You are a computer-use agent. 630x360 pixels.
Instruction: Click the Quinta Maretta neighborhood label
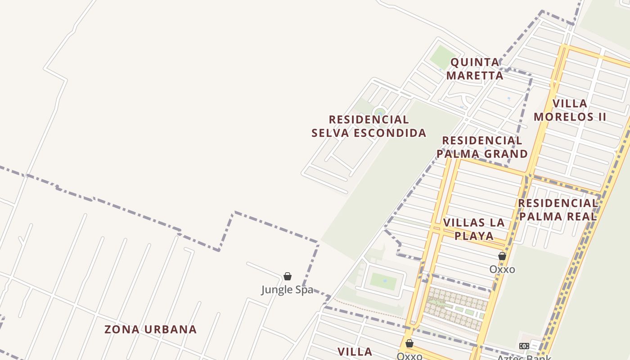point(475,68)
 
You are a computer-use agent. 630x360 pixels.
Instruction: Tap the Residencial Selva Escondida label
point(369,126)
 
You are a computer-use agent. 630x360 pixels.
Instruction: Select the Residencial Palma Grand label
point(482,147)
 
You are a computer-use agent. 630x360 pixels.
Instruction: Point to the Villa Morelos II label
point(570,110)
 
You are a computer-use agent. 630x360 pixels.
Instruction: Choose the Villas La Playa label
point(474,229)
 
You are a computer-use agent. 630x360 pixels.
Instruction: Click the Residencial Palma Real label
point(558,210)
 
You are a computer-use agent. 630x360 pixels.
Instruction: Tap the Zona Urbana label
point(150,329)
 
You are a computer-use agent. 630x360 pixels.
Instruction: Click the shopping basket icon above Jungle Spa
point(288,276)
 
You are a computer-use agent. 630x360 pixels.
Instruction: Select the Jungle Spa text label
point(287,289)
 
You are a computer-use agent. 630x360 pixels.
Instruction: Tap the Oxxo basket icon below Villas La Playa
point(502,256)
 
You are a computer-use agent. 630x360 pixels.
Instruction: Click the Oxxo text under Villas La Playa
point(502,269)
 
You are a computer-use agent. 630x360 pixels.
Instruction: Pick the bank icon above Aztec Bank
point(524,346)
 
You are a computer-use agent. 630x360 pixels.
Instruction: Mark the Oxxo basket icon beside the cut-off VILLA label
point(409,344)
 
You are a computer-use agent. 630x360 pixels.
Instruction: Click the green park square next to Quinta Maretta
point(443,58)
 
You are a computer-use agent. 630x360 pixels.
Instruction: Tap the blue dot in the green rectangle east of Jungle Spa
point(385,281)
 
